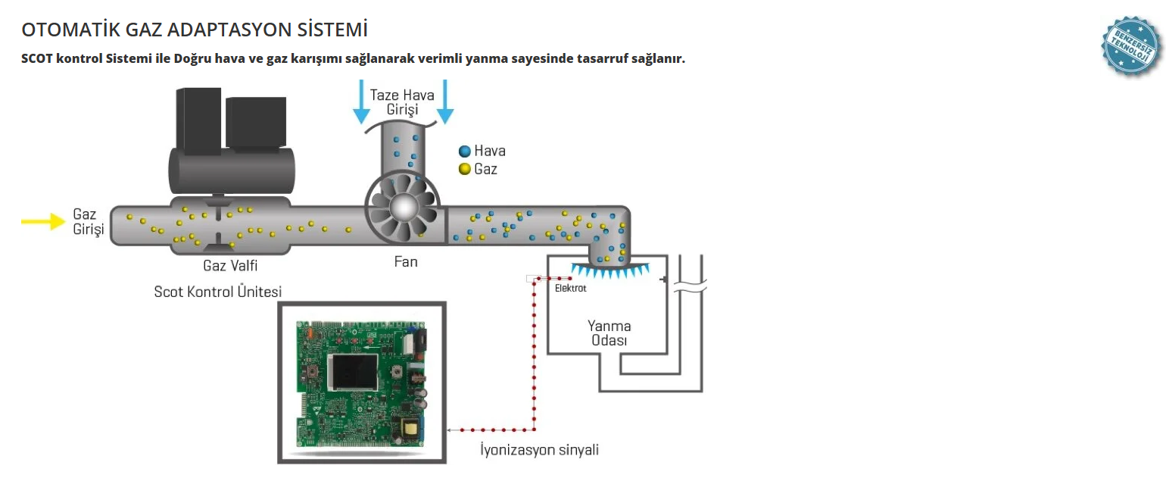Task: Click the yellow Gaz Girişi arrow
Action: point(42,221)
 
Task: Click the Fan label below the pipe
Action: point(406,262)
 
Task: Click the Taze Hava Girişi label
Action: point(402,102)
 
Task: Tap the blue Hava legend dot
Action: point(464,152)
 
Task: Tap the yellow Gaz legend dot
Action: point(464,169)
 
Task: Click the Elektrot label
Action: point(570,289)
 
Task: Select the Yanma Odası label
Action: point(609,333)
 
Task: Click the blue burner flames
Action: point(609,268)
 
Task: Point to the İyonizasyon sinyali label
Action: point(540,450)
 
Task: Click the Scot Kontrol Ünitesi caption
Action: point(218,292)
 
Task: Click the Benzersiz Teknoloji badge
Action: point(1130,46)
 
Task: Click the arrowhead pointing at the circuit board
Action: point(450,430)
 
